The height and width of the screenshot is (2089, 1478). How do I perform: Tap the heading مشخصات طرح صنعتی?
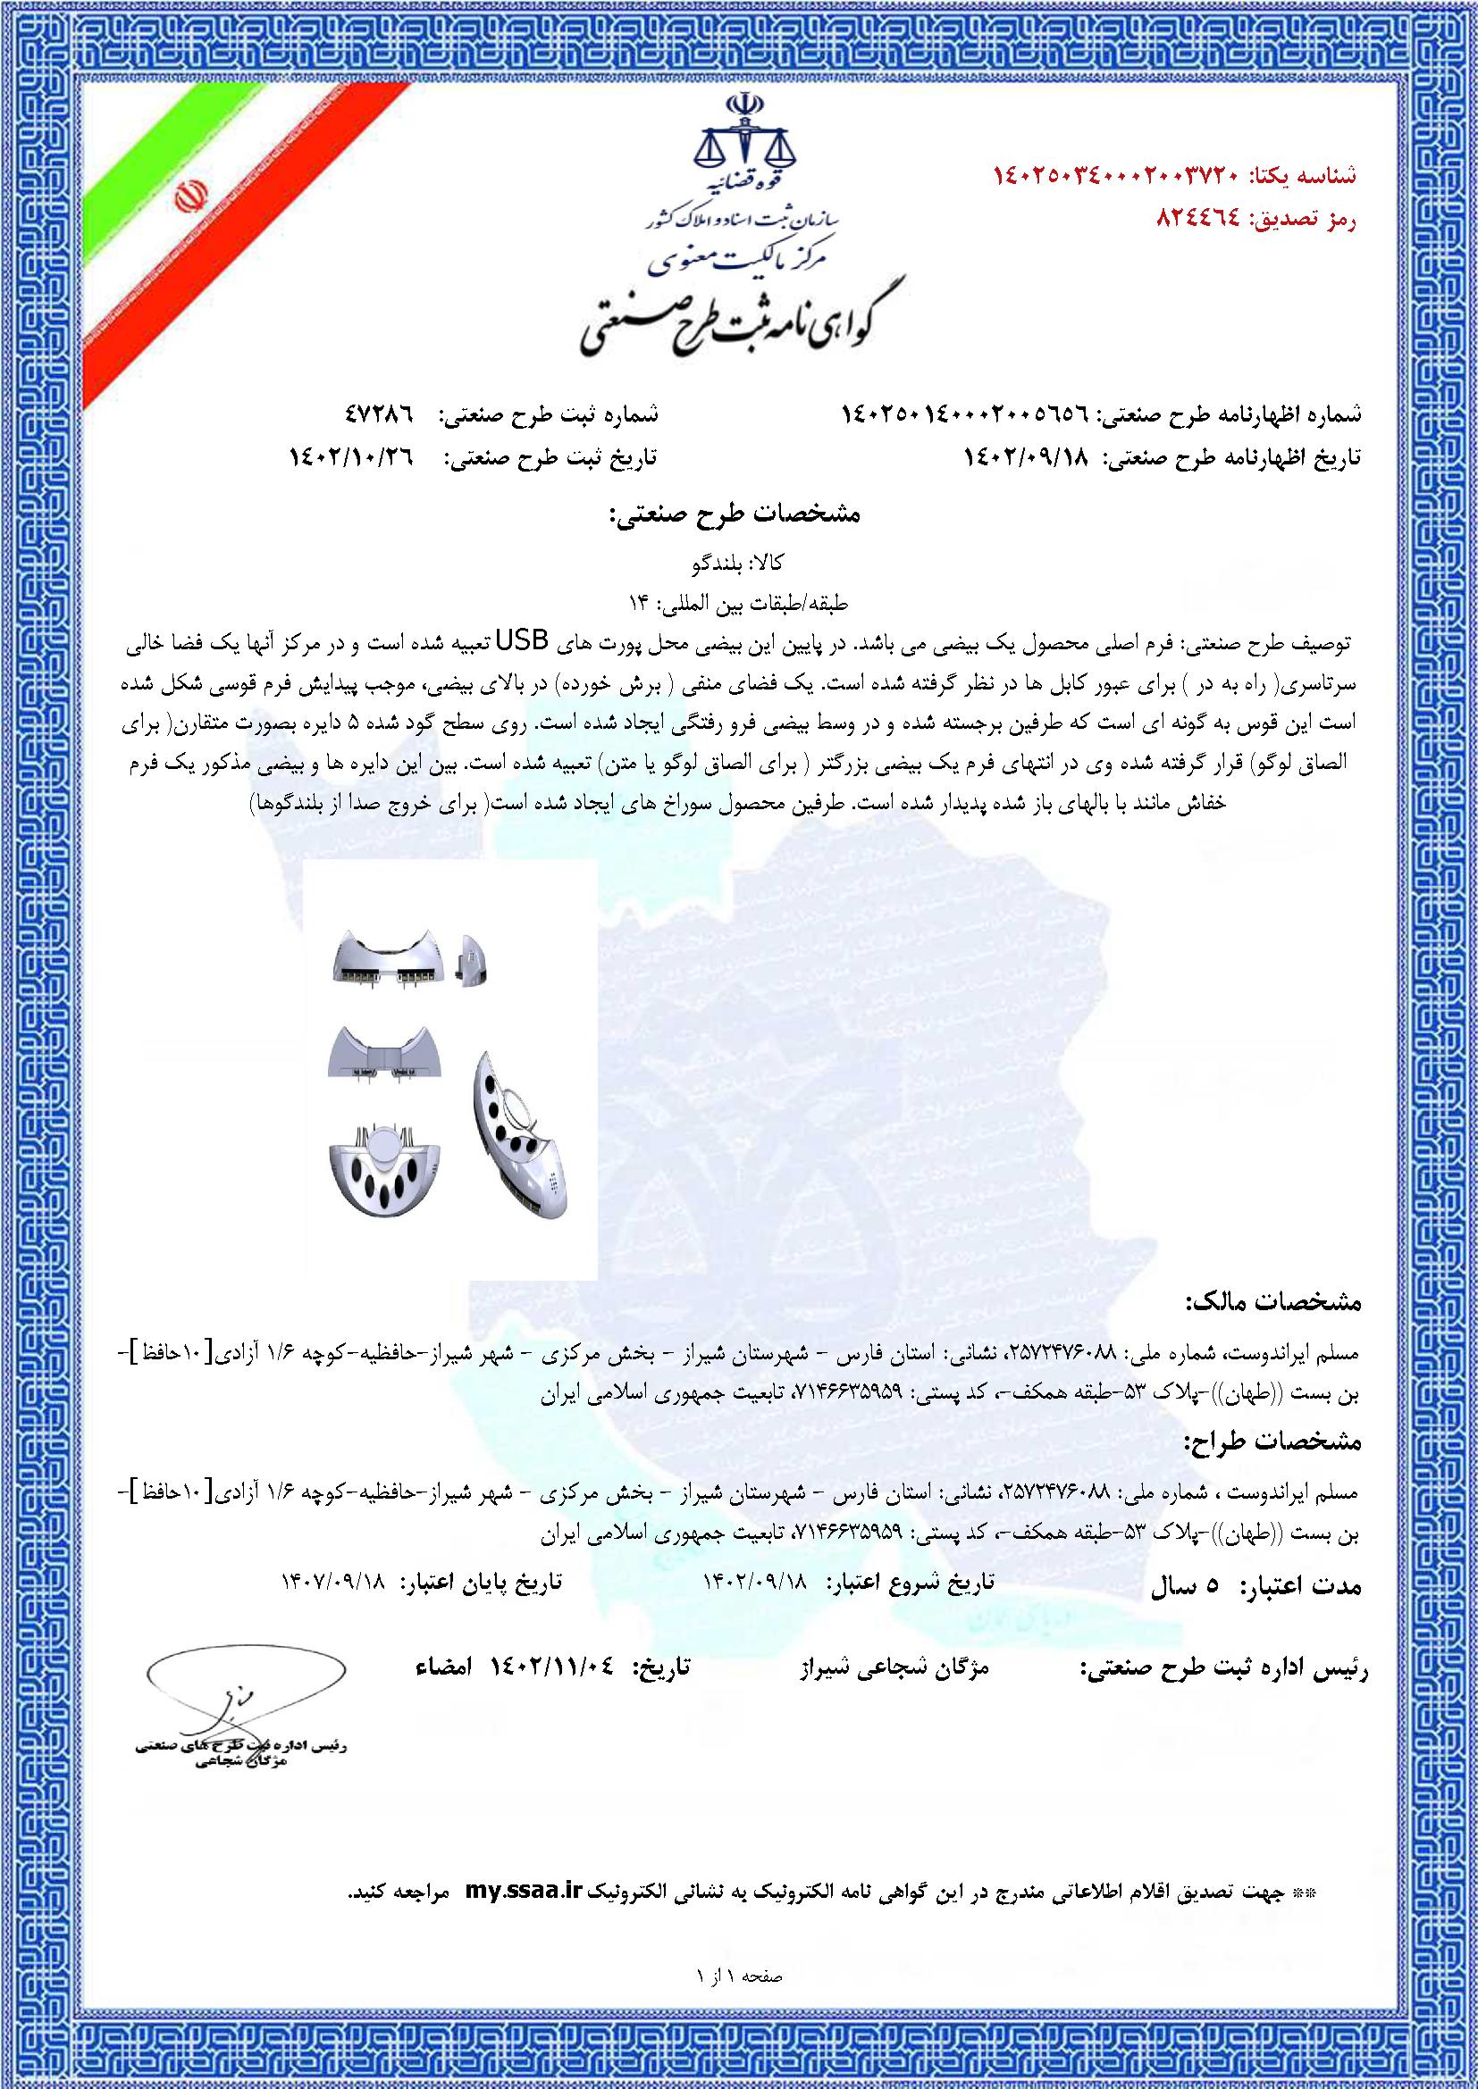pyautogui.click(x=732, y=514)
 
